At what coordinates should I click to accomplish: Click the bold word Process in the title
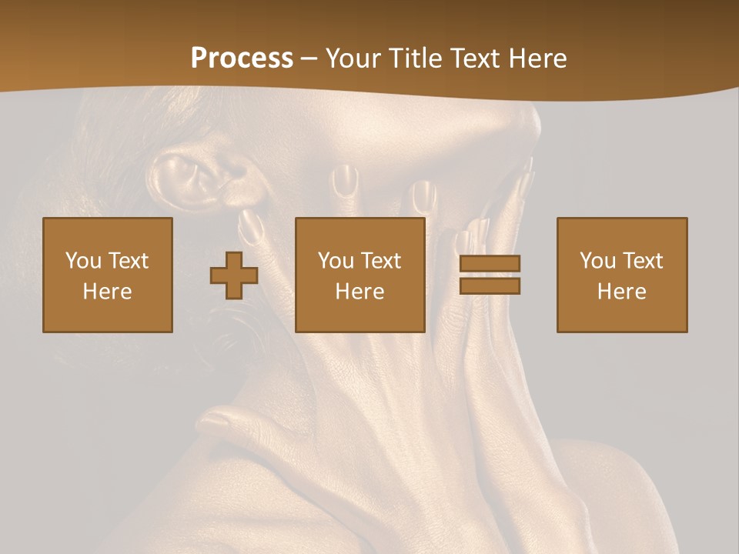point(242,58)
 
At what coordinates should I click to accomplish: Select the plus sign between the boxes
point(234,275)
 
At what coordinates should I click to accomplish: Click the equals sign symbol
point(490,275)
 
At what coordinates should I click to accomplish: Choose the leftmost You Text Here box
point(108,275)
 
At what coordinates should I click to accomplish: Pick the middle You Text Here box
point(359,275)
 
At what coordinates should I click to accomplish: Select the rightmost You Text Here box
point(621,275)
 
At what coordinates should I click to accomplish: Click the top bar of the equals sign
point(490,264)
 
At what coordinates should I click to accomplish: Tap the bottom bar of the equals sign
point(490,285)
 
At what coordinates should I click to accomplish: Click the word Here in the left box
point(108,292)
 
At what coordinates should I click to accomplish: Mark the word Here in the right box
point(621,292)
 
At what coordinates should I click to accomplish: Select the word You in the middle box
point(335,261)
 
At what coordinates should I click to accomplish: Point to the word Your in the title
point(354,58)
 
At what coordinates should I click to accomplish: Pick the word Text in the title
point(475,58)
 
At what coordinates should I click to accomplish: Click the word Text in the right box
point(643,261)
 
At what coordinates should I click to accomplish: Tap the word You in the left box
point(82,261)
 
